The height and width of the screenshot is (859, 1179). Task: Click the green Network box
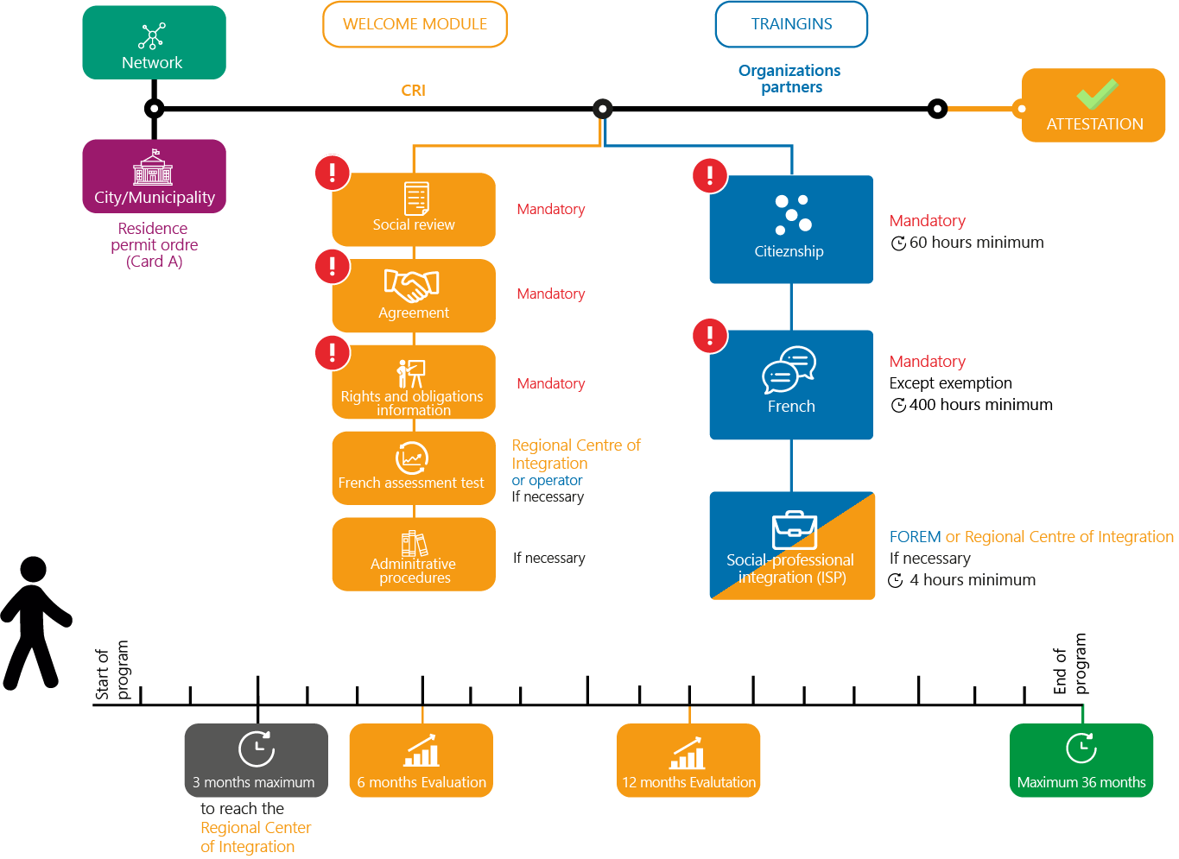[x=155, y=42]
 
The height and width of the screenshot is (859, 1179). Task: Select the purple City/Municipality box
[x=155, y=177]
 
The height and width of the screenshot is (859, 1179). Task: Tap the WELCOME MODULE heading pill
[x=415, y=24]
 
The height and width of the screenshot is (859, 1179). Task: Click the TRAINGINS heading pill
[x=792, y=24]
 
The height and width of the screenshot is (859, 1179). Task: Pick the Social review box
[x=415, y=210]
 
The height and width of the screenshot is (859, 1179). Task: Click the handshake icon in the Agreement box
[x=412, y=285]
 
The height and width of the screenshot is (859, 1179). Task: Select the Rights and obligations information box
[x=415, y=382]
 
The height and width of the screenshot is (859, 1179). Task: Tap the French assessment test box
[x=415, y=469]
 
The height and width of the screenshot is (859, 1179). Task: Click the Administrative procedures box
[x=415, y=555]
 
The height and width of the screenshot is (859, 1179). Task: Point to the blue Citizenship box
[x=792, y=230]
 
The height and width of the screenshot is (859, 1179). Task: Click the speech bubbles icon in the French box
[x=790, y=369]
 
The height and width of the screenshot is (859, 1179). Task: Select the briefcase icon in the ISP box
[x=796, y=530]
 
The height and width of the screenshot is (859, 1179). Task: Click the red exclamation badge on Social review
[x=333, y=173]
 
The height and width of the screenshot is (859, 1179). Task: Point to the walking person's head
[x=33, y=570]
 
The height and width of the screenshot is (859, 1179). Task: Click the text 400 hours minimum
[x=982, y=405]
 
